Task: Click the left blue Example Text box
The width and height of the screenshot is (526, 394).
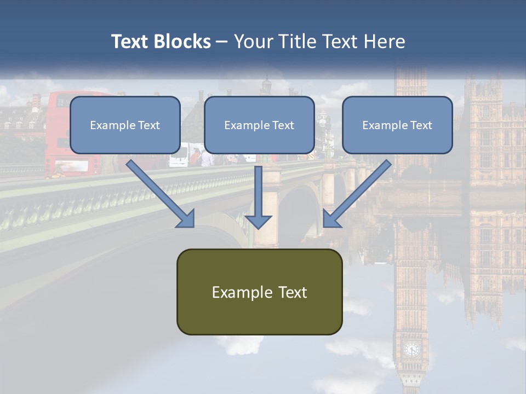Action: (x=125, y=125)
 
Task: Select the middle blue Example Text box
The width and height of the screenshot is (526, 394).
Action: (x=259, y=125)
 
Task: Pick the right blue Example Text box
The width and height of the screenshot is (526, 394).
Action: (x=397, y=125)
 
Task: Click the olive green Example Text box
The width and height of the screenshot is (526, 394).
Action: (x=259, y=292)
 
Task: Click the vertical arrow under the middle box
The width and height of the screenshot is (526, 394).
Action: (x=258, y=194)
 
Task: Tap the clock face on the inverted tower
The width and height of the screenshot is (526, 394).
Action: (x=411, y=349)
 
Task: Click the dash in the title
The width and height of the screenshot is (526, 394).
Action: (x=222, y=42)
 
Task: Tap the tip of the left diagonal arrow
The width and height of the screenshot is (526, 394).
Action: (x=193, y=226)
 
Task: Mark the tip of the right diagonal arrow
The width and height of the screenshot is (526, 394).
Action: (x=324, y=226)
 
